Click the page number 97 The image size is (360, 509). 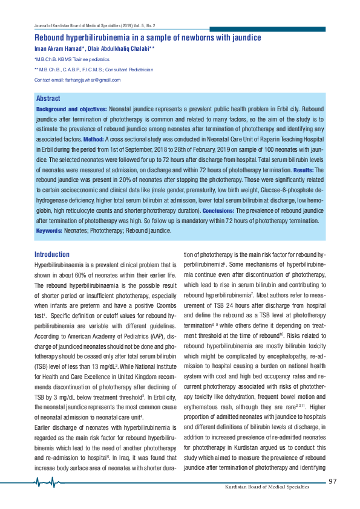click(x=332, y=481)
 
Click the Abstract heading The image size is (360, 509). click(x=48, y=99)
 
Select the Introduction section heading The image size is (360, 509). click(x=52, y=254)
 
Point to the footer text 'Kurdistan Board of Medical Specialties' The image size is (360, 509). click(x=275, y=487)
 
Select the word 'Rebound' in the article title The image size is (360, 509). click(x=51, y=37)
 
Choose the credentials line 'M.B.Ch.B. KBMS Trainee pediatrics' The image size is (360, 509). click(x=73, y=60)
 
